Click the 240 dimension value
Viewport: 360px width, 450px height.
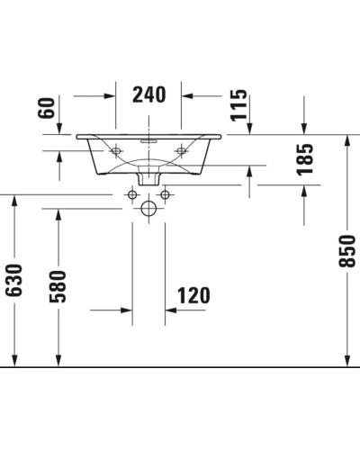pyautogui.click(x=148, y=94)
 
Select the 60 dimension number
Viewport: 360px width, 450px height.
pyautogui.click(x=49, y=110)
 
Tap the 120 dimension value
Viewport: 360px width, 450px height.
pyautogui.click(x=193, y=295)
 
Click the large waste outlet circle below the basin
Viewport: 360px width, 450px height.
pyautogui.click(x=148, y=208)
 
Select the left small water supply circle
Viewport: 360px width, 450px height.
pyautogui.click(x=132, y=194)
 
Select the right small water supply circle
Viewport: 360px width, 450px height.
pyautogui.click(x=165, y=194)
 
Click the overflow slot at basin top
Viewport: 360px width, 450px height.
pyautogui.click(x=148, y=140)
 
